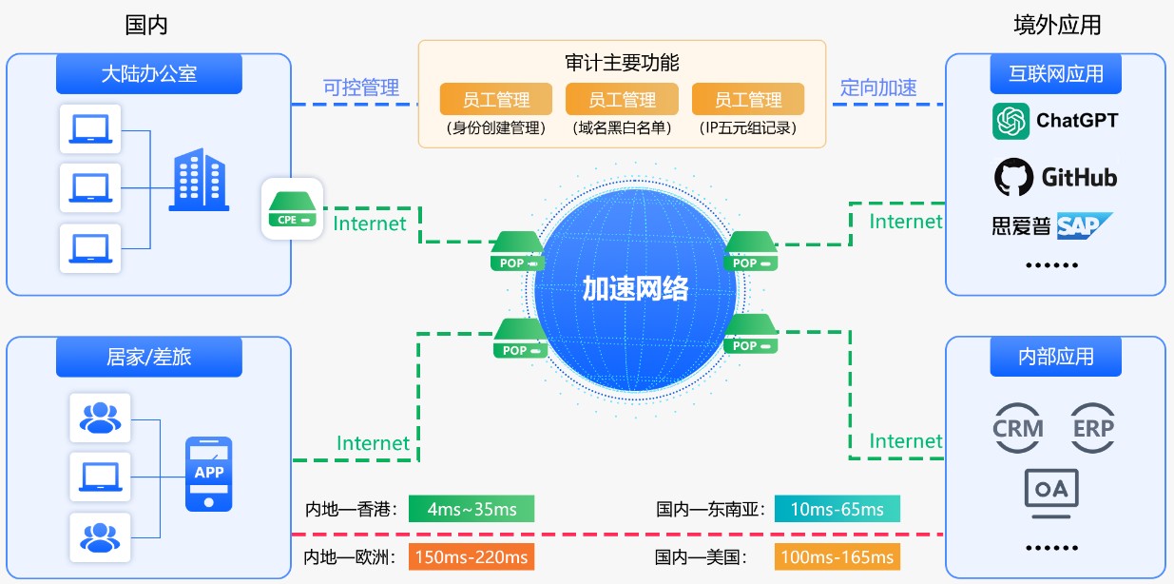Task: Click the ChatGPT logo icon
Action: tap(1011, 121)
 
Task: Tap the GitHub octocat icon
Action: tap(1013, 177)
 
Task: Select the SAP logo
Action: tap(1084, 225)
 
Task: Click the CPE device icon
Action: tap(292, 208)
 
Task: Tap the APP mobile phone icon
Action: tap(208, 473)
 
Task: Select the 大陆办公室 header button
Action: tap(148, 74)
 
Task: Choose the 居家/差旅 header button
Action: tap(148, 357)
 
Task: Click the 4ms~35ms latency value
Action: tap(472, 509)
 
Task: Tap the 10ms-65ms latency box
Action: tap(837, 509)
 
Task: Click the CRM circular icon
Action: tap(1017, 428)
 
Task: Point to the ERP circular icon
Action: tap(1092, 428)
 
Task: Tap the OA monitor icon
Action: tap(1051, 491)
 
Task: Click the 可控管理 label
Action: tap(361, 88)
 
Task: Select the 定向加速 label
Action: tap(878, 88)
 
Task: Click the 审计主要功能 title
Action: tap(622, 63)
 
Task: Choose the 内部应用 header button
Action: tap(1055, 357)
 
